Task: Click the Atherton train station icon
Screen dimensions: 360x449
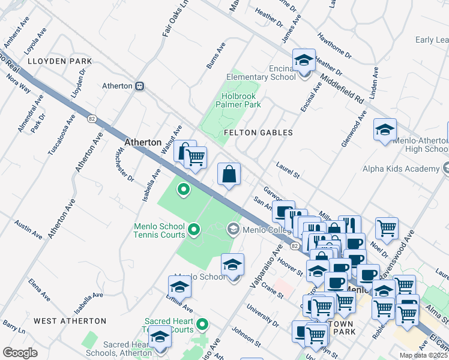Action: (x=139, y=86)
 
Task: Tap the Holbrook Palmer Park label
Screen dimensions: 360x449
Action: (x=241, y=100)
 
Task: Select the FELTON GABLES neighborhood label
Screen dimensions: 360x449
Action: (x=258, y=133)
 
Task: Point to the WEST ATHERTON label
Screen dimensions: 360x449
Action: (x=70, y=322)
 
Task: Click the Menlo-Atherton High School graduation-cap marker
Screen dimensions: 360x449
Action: (x=385, y=130)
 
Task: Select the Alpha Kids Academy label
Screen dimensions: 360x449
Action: (x=401, y=169)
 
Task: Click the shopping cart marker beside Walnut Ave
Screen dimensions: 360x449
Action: (x=194, y=158)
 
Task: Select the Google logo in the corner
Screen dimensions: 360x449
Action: (x=20, y=352)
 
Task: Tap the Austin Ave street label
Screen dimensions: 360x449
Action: (x=28, y=229)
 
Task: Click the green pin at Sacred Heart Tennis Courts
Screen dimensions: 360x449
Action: (x=203, y=325)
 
